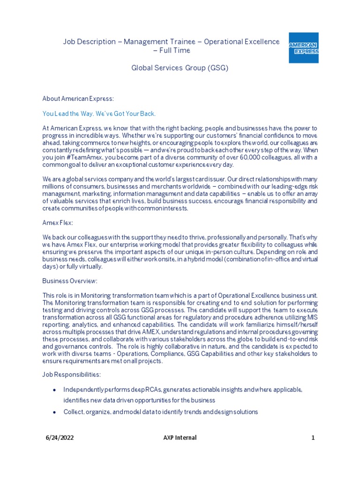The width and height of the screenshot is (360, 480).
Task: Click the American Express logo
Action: [x=303, y=48]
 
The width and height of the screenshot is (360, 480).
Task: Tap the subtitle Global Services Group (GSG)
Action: [x=180, y=68]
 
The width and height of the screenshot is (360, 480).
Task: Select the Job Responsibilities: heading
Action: [x=71, y=375]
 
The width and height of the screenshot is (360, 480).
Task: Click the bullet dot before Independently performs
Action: [x=55, y=390]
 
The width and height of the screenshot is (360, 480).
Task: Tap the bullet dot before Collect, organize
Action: [x=55, y=412]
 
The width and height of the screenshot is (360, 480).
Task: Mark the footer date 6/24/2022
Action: [x=59, y=438]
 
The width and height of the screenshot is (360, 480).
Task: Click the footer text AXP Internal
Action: [x=180, y=438]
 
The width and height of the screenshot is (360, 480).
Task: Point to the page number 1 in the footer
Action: [x=313, y=438]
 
